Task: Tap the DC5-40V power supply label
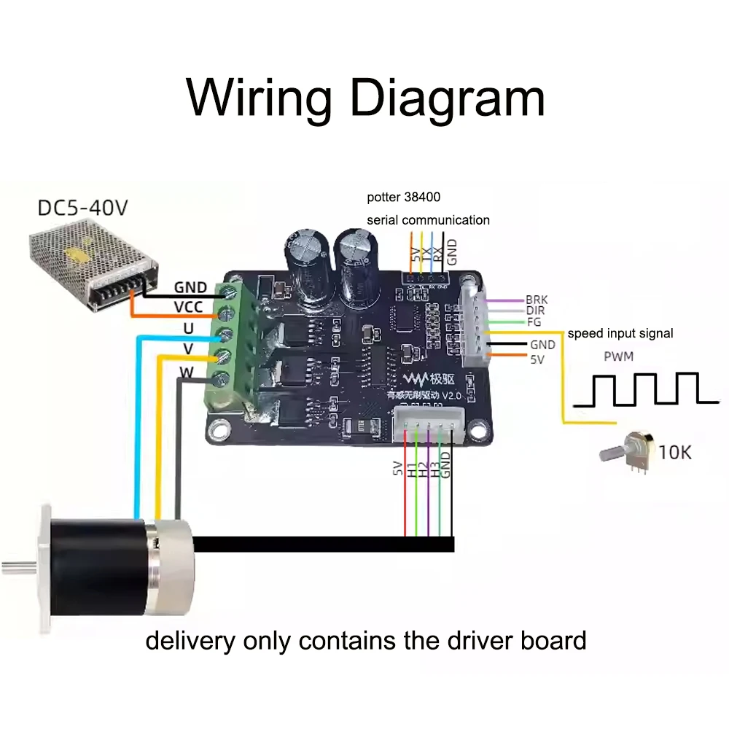pos(82,208)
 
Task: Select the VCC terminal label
pos(188,307)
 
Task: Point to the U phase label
pos(188,329)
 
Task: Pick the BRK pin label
pos(536,300)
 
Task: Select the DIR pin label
pos(534,311)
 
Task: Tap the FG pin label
pos(533,321)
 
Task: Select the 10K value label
pos(674,452)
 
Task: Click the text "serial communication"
pos(428,219)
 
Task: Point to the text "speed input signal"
pos(620,333)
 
